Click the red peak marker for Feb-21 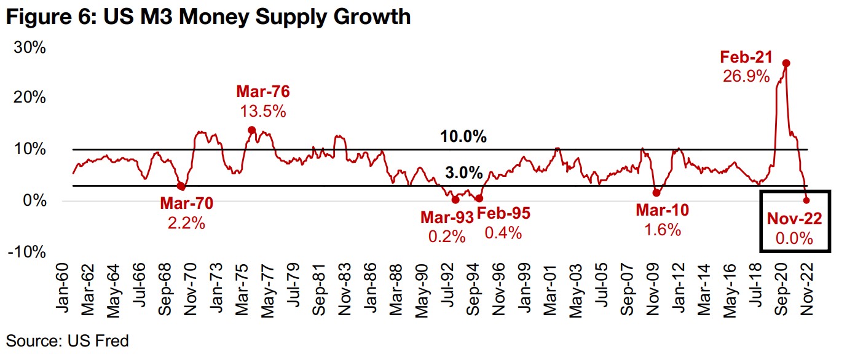[786, 63]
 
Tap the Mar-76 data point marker [251, 130]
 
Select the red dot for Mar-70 [181, 186]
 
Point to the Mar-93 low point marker [455, 200]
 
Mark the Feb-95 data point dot [479, 198]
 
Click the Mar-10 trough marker [656, 193]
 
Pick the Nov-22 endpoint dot [806, 200]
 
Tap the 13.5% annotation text [263, 111]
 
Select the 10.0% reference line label [463, 137]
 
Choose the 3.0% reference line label [463, 173]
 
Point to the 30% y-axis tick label [30, 47]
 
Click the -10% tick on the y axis [27, 252]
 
